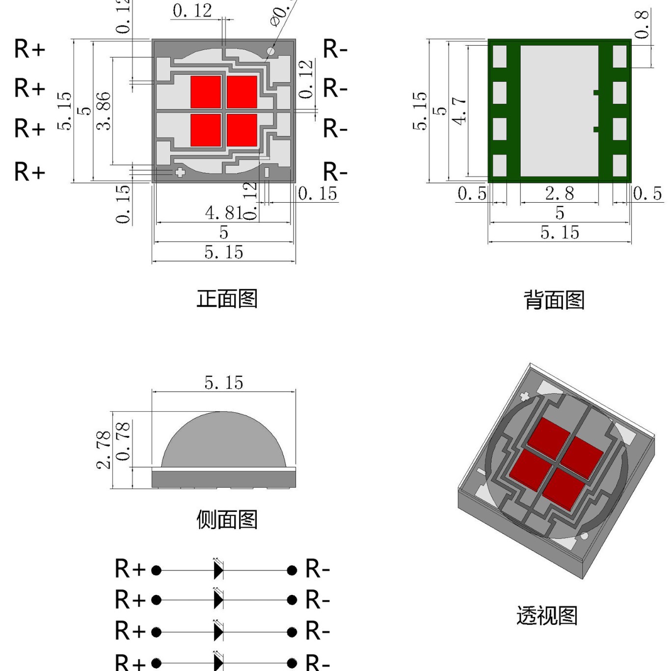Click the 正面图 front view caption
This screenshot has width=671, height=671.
(x=227, y=299)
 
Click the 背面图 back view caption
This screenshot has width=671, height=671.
(x=554, y=300)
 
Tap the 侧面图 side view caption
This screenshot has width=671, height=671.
(x=227, y=519)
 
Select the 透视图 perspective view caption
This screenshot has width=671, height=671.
(x=547, y=616)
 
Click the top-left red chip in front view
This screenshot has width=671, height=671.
(x=206, y=92)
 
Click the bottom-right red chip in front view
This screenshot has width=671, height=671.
(x=242, y=130)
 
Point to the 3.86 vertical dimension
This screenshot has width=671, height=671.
(x=104, y=111)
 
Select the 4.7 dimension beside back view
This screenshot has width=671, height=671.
(x=459, y=111)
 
